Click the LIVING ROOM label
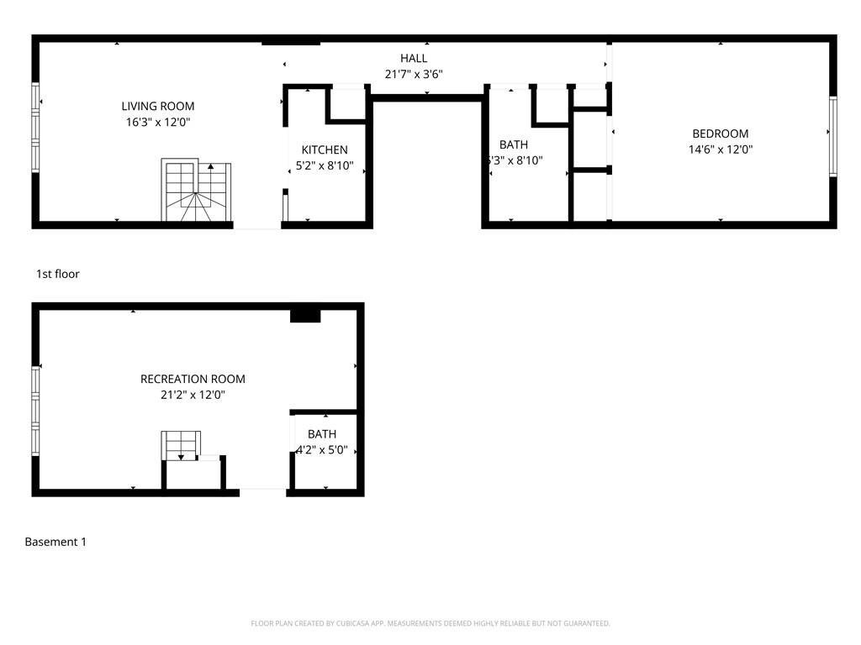(x=158, y=106)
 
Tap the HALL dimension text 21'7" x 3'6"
(x=414, y=74)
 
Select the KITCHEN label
(x=325, y=149)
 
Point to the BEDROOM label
(x=720, y=134)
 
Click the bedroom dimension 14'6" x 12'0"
(x=720, y=149)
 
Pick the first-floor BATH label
(x=513, y=144)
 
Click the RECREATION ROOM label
(x=193, y=379)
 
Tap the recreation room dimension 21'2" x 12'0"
(x=193, y=395)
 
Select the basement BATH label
(x=321, y=434)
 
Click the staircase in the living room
(x=197, y=191)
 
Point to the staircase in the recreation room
(x=182, y=444)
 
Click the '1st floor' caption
(x=58, y=274)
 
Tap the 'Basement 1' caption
(x=55, y=542)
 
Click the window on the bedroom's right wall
(x=832, y=136)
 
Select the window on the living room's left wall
(x=35, y=128)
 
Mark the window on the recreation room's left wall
(x=35, y=410)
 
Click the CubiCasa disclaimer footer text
(x=430, y=623)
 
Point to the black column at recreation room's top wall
(x=305, y=315)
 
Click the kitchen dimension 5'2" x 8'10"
(x=325, y=165)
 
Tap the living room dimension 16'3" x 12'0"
(x=158, y=122)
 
